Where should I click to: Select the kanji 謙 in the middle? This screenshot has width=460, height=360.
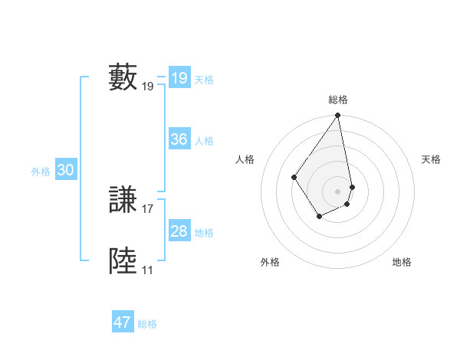[123, 201]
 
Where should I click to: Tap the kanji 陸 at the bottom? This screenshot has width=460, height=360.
[123, 261]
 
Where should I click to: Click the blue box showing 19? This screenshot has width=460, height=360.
[179, 78]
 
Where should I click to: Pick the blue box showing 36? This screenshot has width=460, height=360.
[179, 139]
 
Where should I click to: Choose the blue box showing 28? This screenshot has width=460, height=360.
[179, 231]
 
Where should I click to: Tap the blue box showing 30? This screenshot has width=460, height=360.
[65, 171]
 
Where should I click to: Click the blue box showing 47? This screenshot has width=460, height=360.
[122, 322]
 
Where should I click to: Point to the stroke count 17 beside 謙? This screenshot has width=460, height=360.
[148, 208]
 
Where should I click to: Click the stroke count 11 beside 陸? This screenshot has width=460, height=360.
[147, 270]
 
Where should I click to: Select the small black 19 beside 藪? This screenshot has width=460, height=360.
[148, 86]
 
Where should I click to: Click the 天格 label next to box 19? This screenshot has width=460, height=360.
[204, 80]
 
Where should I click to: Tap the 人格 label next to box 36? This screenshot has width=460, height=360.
[204, 141]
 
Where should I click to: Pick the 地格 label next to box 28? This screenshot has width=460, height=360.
[204, 233]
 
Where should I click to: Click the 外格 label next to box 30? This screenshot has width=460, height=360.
[41, 172]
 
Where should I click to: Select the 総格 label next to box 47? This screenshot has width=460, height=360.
[147, 324]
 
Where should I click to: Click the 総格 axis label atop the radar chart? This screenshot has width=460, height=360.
[338, 100]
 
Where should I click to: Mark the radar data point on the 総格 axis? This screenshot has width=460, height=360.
[338, 116]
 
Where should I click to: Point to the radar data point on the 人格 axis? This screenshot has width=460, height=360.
[294, 177]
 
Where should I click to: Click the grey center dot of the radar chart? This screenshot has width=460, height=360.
[338, 191]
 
